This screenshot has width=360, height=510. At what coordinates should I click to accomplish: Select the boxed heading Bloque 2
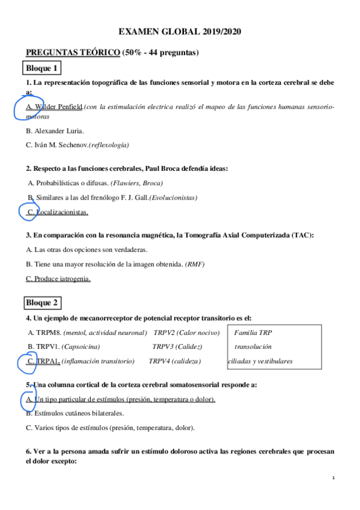tap(42, 302)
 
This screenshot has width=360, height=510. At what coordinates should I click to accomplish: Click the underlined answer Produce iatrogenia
tap(58, 278)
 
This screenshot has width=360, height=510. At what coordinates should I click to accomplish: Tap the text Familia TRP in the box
tap(254, 332)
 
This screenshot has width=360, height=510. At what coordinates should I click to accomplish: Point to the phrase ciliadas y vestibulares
tap(260, 361)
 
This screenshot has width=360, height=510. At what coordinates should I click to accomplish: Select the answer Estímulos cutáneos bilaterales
tap(75, 413)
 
